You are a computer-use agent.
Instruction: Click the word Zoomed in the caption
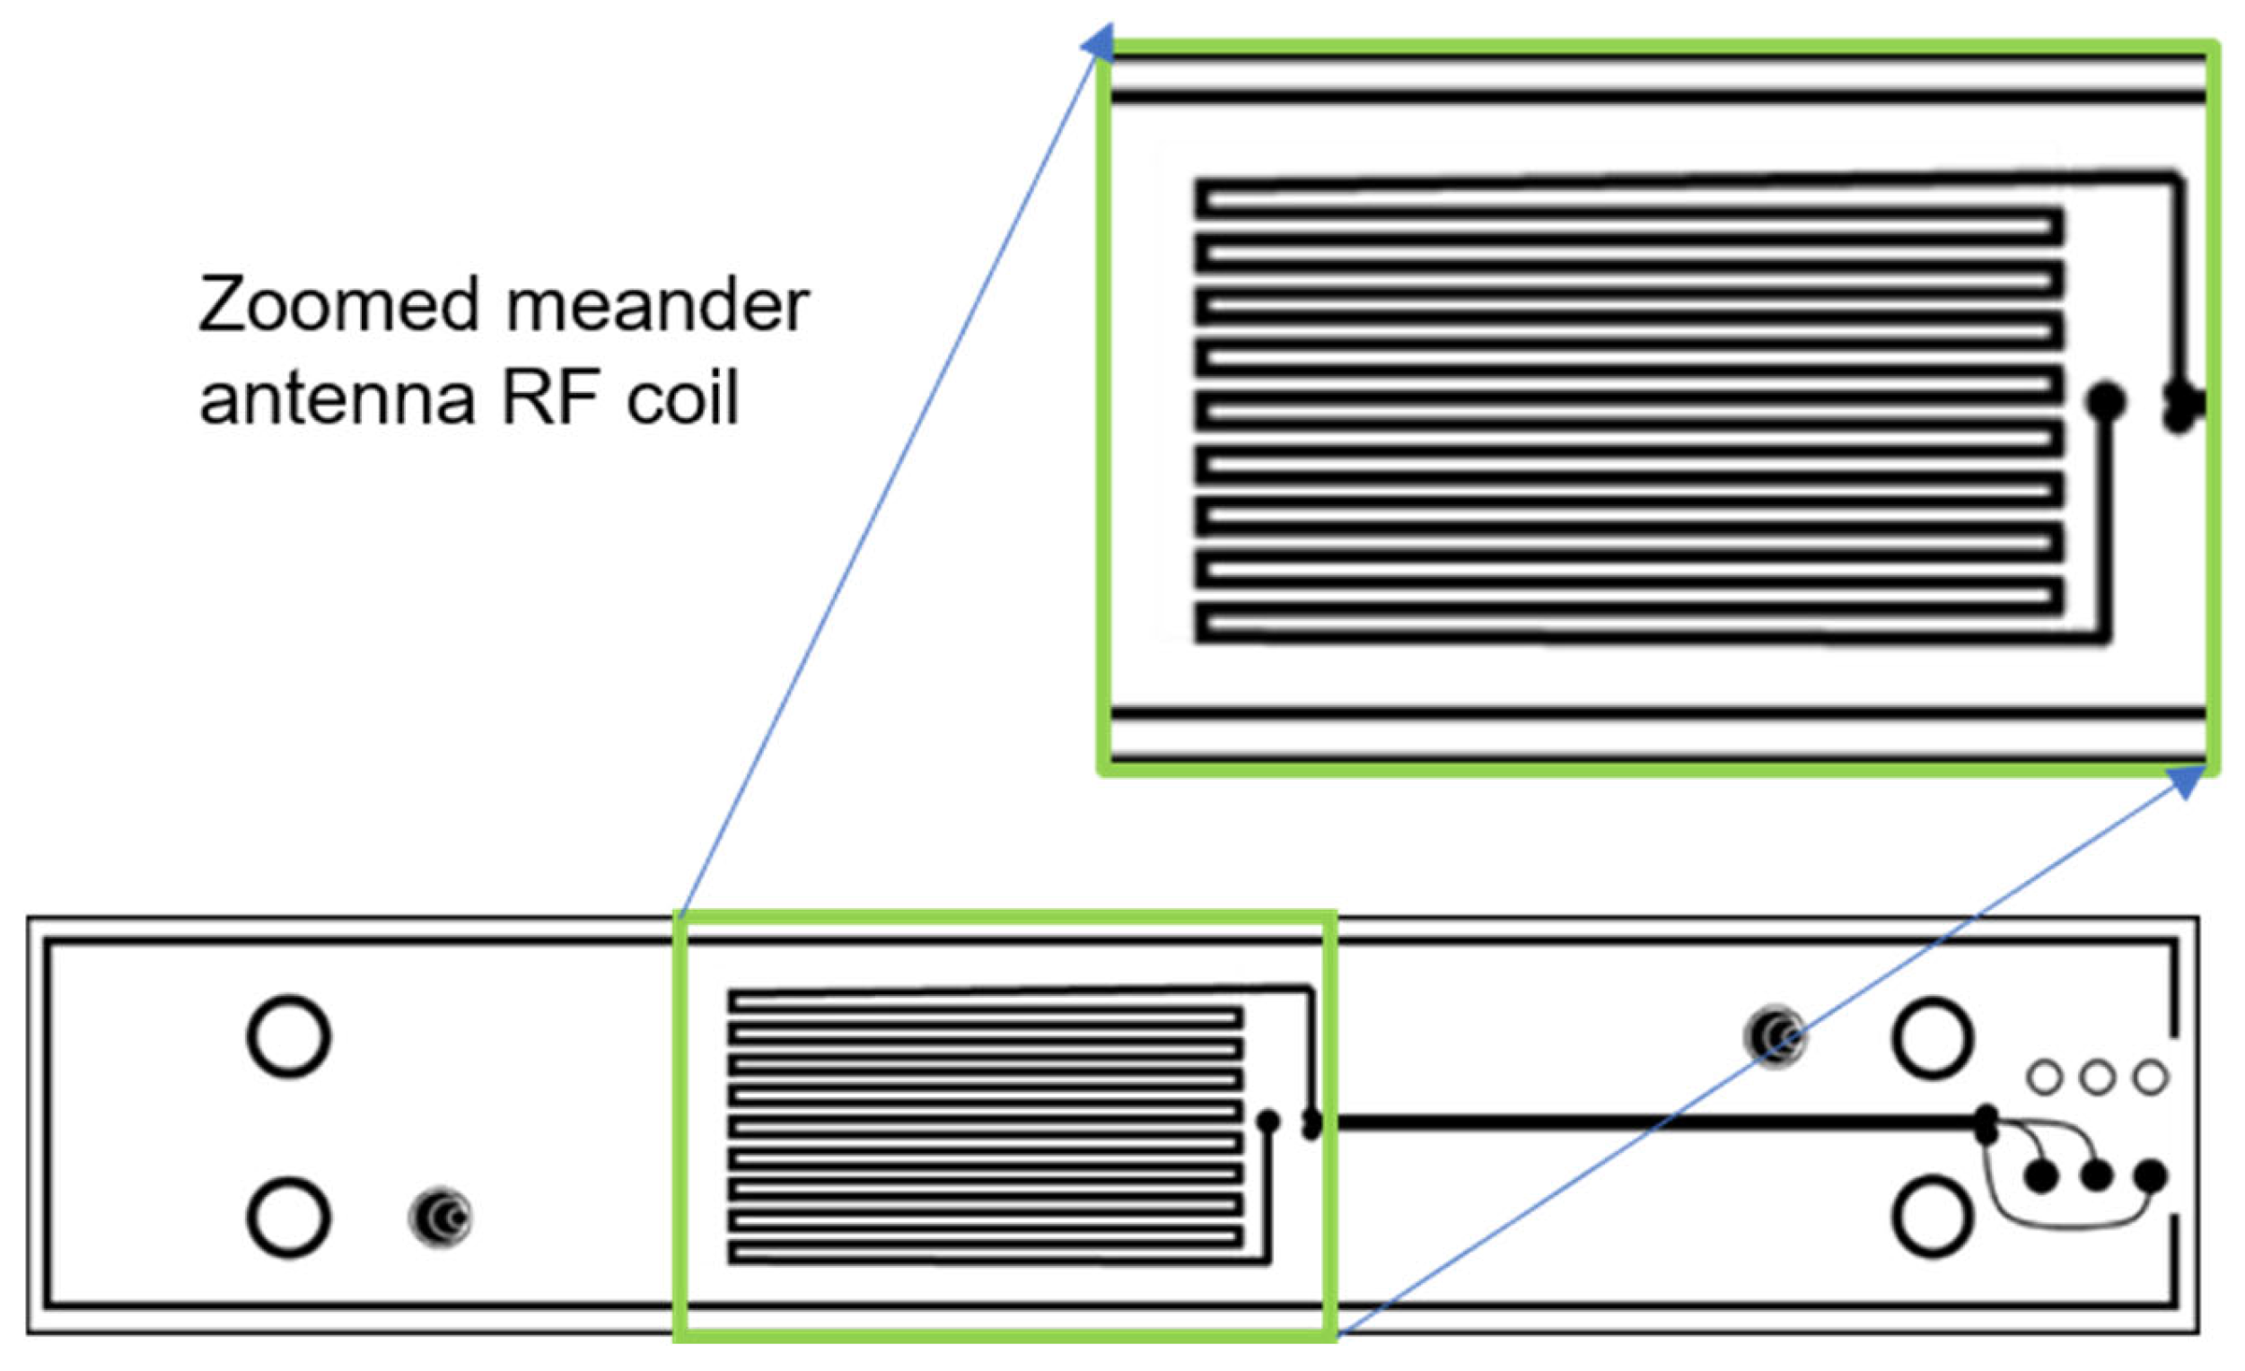click(338, 304)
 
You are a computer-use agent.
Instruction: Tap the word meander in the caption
click(657, 304)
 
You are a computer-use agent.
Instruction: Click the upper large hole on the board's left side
click(288, 1036)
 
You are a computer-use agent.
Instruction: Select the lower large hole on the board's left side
click(288, 1217)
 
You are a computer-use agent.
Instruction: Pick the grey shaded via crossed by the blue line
click(1775, 1035)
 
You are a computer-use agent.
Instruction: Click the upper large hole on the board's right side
click(1933, 1037)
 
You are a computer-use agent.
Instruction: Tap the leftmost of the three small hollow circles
click(2045, 1078)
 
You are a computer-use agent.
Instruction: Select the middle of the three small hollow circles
click(2098, 1078)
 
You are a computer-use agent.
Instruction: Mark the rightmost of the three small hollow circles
click(2150, 1078)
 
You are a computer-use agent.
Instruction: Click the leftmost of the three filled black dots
click(2041, 1177)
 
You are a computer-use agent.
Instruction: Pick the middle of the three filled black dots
click(2097, 1176)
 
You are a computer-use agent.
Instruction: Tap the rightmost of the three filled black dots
click(2151, 1176)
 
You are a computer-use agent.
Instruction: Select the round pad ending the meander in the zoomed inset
click(2106, 401)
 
